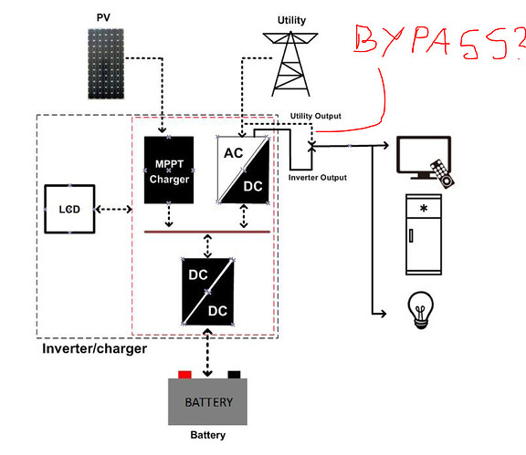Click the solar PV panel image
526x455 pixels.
tap(106, 64)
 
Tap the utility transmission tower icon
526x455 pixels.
tap(290, 64)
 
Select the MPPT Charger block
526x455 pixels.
tap(169, 170)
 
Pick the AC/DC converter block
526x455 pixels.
tap(244, 170)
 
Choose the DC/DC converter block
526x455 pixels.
tap(207, 292)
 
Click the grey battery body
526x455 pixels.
tap(207, 402)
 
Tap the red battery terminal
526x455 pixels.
tap(184, 375)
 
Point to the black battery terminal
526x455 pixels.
tap(234, 375)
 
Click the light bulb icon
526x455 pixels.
tap(421, 310)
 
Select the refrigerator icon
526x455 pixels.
tap(424, 234)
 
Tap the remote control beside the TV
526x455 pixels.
tap(443, 173)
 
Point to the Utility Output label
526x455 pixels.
tap(316, 116)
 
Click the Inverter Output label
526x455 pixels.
tap(318, 178)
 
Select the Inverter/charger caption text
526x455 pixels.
tap(95, 349)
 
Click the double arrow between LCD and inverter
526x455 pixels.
tap(114, 210)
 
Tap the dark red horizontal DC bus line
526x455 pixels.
tap(207, 232)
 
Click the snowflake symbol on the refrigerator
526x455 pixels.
tap(424, 209)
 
